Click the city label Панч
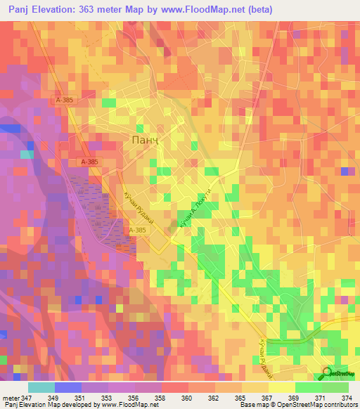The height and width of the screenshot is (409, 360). (x=147, y=140)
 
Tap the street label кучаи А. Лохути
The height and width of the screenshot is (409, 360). (x=195, y=209)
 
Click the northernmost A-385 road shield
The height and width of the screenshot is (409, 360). (x=65, y=100)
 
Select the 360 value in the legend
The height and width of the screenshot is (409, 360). (x=167, y=397)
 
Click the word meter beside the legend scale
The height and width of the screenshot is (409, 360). (x=11, y=397)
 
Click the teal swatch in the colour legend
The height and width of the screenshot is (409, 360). (x=41, y=387)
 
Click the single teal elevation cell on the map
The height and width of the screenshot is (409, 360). (x=27, y=154)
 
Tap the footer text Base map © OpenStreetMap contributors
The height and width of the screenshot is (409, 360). (x=298, y=405)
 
